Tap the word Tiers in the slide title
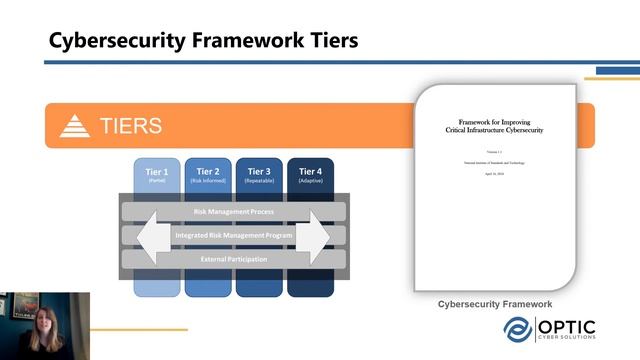click(x=325, y=41)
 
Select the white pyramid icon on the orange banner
click(x=75, y=126)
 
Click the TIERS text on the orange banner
click(x=130, y=126)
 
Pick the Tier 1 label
click(x=157, y=171)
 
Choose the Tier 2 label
click(x=208, y=171)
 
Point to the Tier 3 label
click(x=259, y=171)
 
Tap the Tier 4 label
click(x=310, y=171)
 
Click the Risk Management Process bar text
click(x=233, y=212)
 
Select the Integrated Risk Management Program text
click(x=233, y=236)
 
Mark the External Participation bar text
click(x=233, y=259)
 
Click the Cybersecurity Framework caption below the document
click(x=495, y=304)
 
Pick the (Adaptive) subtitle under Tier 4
click(x=310, y=181)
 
